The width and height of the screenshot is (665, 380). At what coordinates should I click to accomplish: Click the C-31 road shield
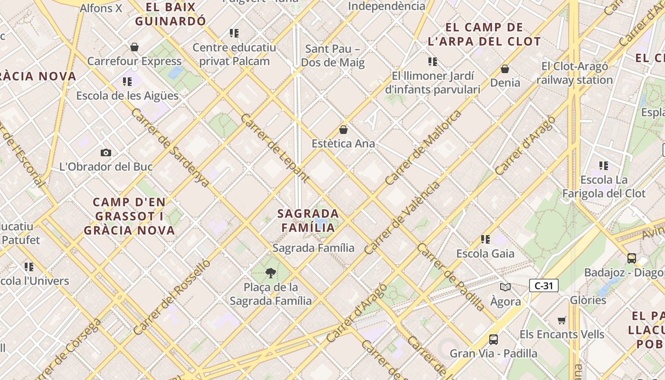544,285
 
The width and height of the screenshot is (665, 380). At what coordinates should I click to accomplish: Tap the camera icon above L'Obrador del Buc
106,152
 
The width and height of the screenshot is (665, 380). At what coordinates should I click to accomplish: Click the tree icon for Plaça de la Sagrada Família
271,273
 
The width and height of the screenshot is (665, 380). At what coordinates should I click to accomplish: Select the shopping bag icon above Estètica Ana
343,129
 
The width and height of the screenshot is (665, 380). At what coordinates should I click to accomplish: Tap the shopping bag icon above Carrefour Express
134,47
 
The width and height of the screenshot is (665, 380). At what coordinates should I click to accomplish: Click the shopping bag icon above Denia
505,69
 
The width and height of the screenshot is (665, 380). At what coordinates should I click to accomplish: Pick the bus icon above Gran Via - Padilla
494,339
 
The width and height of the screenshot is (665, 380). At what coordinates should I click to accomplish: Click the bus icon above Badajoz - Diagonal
631,258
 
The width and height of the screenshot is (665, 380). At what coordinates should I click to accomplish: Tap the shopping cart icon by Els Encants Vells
562,320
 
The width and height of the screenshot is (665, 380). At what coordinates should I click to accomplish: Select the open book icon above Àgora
505,287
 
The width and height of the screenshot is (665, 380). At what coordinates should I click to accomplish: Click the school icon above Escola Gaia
485,239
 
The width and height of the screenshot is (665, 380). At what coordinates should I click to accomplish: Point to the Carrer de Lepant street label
275,148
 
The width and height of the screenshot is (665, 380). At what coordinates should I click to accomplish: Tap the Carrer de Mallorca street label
423,148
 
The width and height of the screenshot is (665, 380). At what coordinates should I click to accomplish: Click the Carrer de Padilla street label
451,277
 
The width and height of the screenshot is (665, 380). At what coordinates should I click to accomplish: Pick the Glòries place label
588,300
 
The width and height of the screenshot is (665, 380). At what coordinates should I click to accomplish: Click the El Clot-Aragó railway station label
574,73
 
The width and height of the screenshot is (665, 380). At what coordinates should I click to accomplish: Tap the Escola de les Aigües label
127,95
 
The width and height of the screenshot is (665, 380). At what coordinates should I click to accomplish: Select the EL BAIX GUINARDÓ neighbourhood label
171,14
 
